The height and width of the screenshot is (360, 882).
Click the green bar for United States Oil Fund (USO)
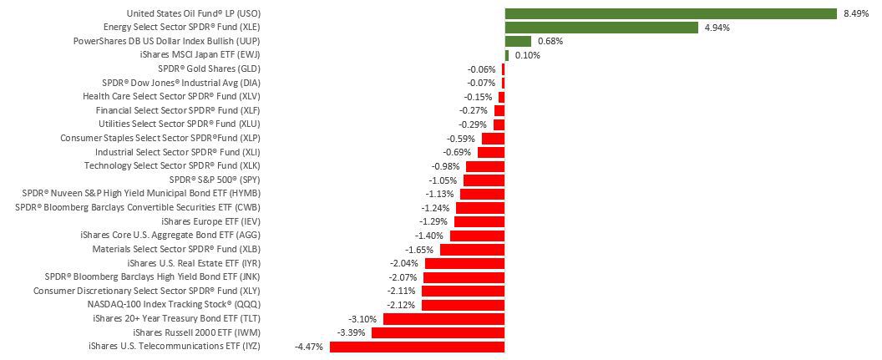pos(671,13)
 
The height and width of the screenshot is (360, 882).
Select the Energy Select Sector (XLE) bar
pos(601,28)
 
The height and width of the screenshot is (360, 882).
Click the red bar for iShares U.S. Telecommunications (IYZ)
pos(418,346)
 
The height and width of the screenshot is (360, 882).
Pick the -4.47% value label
pos(309,346)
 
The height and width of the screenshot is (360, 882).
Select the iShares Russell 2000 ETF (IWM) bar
pos(438,332)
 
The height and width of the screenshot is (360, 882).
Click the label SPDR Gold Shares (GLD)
pos(209,68)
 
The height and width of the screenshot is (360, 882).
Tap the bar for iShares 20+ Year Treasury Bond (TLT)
pos(444,318)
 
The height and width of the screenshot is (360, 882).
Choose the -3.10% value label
pos(362,318)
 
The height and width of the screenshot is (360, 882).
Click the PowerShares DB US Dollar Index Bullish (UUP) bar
pos(518,41)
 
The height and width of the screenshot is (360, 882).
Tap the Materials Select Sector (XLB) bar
pos(472,249)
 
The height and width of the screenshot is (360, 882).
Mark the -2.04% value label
pos(404,263)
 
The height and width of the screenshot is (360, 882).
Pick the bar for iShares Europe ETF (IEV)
pos(479,221)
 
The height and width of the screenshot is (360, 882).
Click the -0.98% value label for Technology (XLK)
pos(445,166)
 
